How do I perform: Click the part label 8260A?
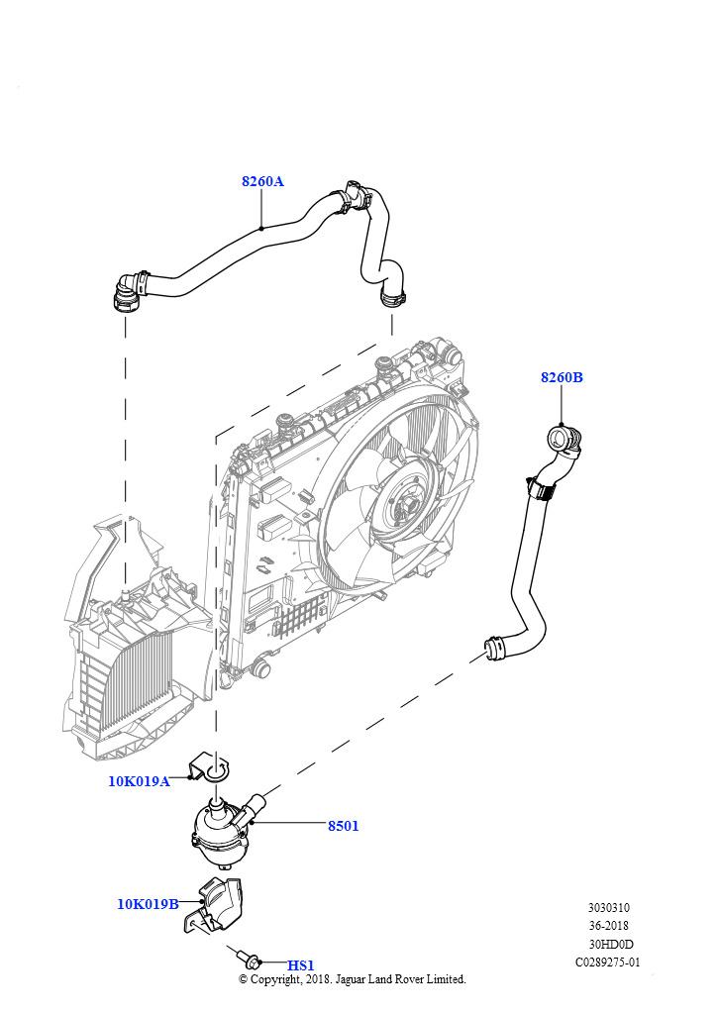[x=262, y=181]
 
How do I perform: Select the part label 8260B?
[x=562, y=377]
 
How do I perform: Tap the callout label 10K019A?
[x=139, y=781]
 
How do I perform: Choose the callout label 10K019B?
[x=148, y=904]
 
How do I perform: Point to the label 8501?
[x=343, y=826]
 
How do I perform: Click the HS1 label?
[x=301, y=965]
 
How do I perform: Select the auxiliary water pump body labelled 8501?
[x=220, y=831]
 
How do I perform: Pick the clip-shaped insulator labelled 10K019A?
[x=208, y=767]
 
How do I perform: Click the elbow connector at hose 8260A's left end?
[x=128, y=292]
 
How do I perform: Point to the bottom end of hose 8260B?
[x=495, y=648]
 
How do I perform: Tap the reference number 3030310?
[x=608, y=908]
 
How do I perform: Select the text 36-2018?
[x=608, y=926]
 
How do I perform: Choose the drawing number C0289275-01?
[x=608, y=963]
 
